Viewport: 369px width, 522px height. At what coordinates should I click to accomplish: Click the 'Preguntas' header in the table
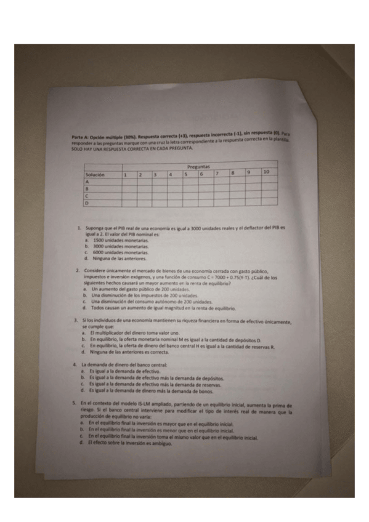click(198, 167)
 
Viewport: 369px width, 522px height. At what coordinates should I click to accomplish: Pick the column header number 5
click(185, 174)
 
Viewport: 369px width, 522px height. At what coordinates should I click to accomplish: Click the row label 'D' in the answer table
click(87, 202)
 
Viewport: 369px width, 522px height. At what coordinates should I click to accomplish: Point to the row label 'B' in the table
click(87, 189)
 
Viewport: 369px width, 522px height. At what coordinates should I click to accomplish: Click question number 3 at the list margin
click(75, 321)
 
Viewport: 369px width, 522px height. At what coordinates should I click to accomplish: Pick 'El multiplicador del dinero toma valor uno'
click(129, 333)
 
